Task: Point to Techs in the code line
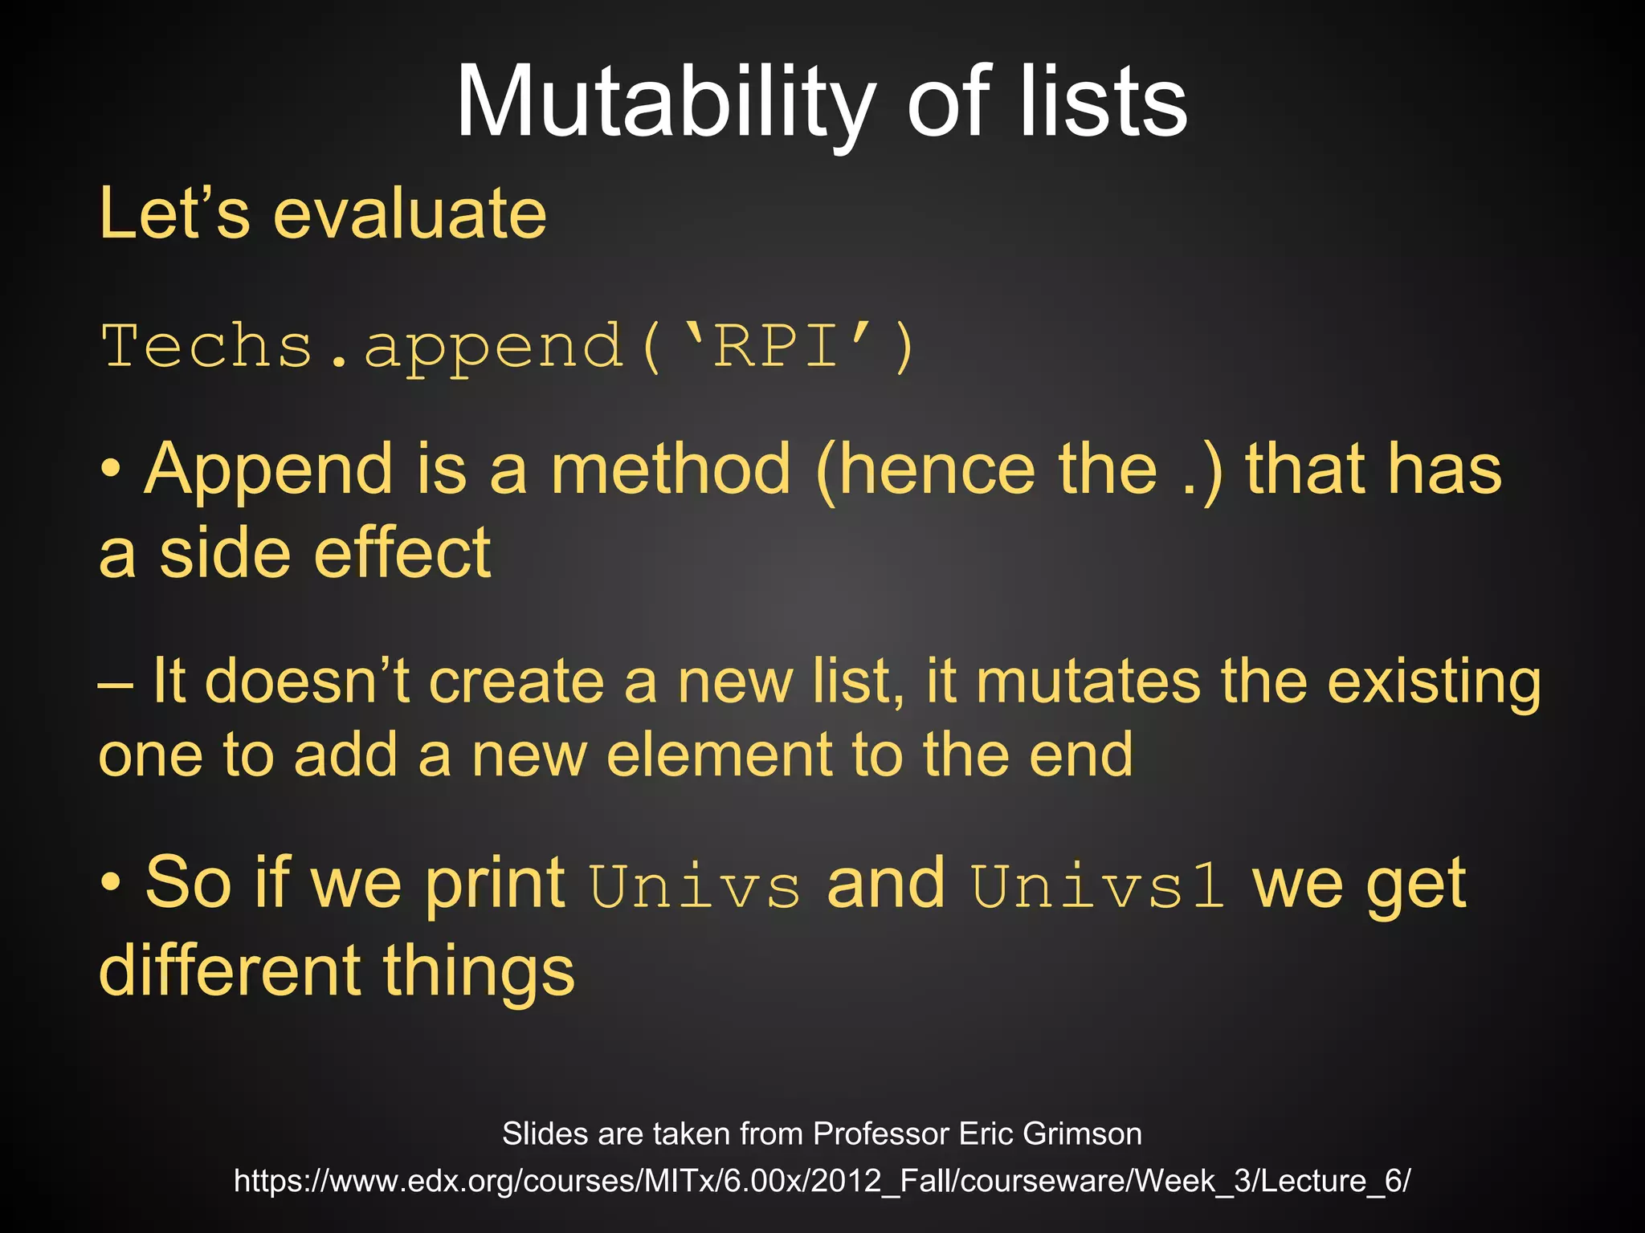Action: tap(206, 347)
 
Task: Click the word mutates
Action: tap(1088, 682)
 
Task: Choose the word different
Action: tap(230, 971)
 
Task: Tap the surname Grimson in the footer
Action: tap(1082, 1133)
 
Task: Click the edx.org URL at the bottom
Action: tap(822, 1181)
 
